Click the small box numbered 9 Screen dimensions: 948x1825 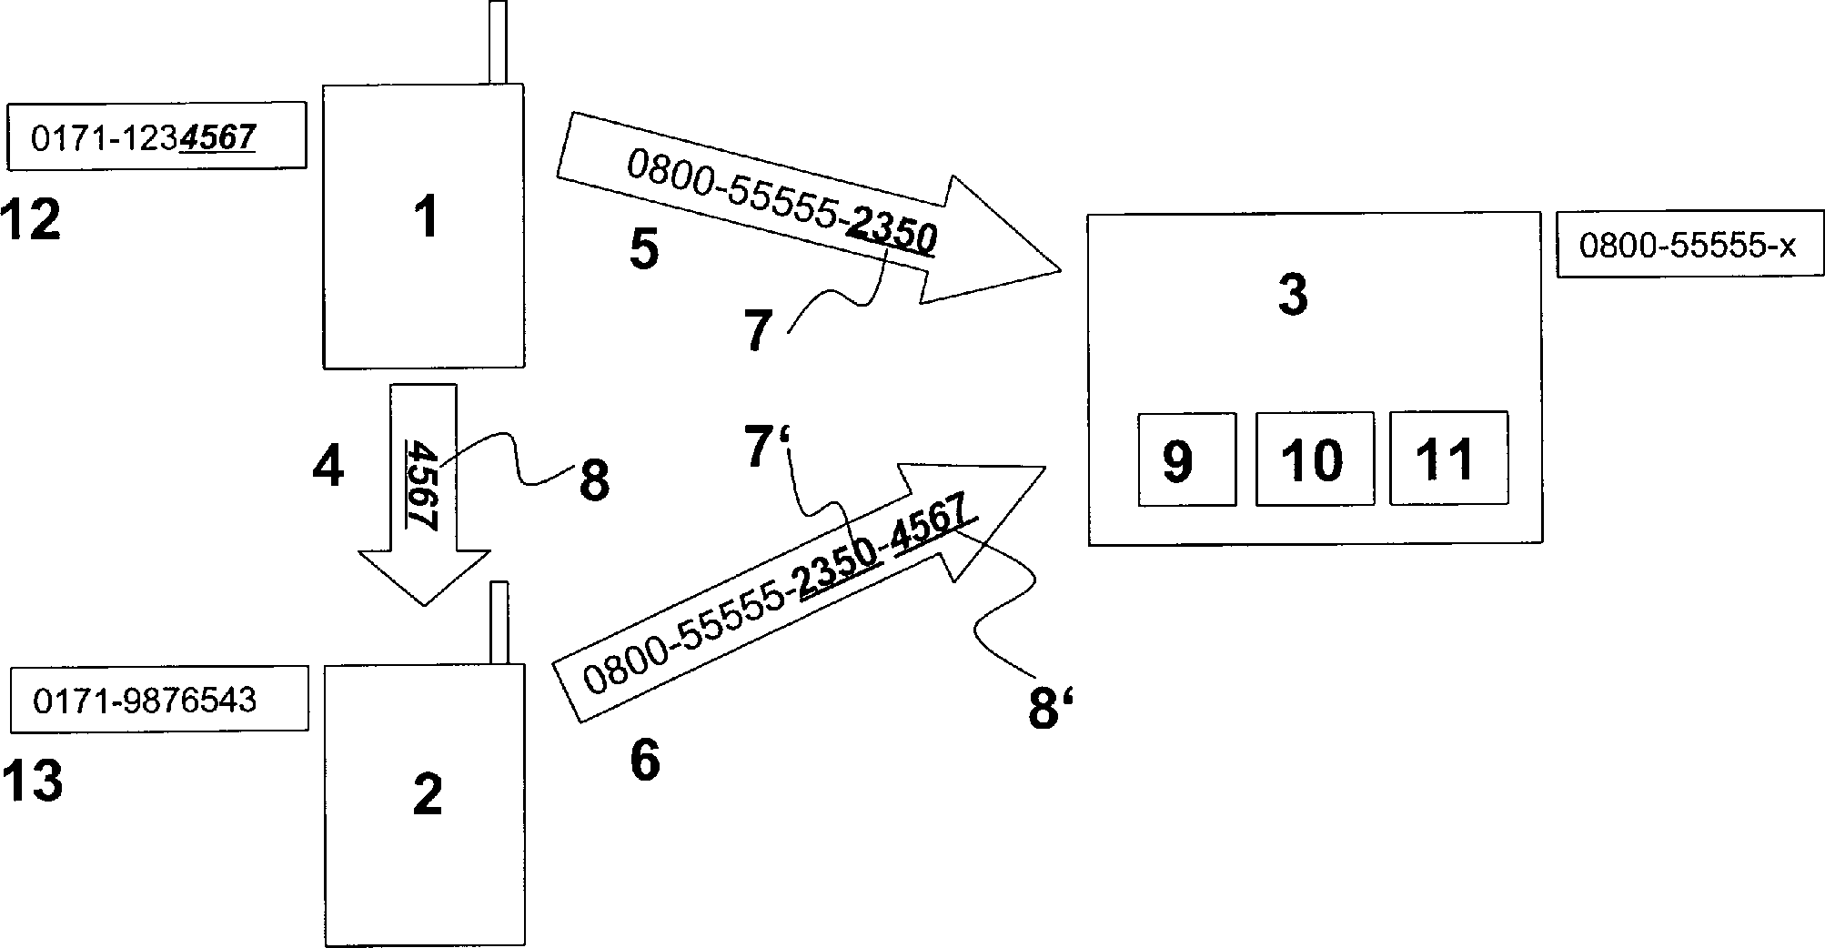[x=1186, y=459]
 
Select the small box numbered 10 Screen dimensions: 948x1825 [x=1314, y=459]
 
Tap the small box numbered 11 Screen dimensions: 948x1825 [x=1448, y=458]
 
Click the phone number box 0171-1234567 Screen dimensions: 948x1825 [x=156, y=136]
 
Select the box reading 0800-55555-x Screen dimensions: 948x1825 [x=1689, y=245]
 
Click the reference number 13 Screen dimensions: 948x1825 [x=33, y=781]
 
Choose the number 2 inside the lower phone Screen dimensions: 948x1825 [x=427, y=793]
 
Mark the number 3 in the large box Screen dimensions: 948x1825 [x=1292, y=296]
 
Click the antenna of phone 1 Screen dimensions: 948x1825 [x=497, y=43]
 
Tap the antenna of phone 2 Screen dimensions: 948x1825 [x=499, y=622]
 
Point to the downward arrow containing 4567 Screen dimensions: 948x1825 [x=423, y=491]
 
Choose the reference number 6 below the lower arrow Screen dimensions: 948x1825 [x=645, y=760]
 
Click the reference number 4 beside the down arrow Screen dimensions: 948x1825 [x=328, y=468]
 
